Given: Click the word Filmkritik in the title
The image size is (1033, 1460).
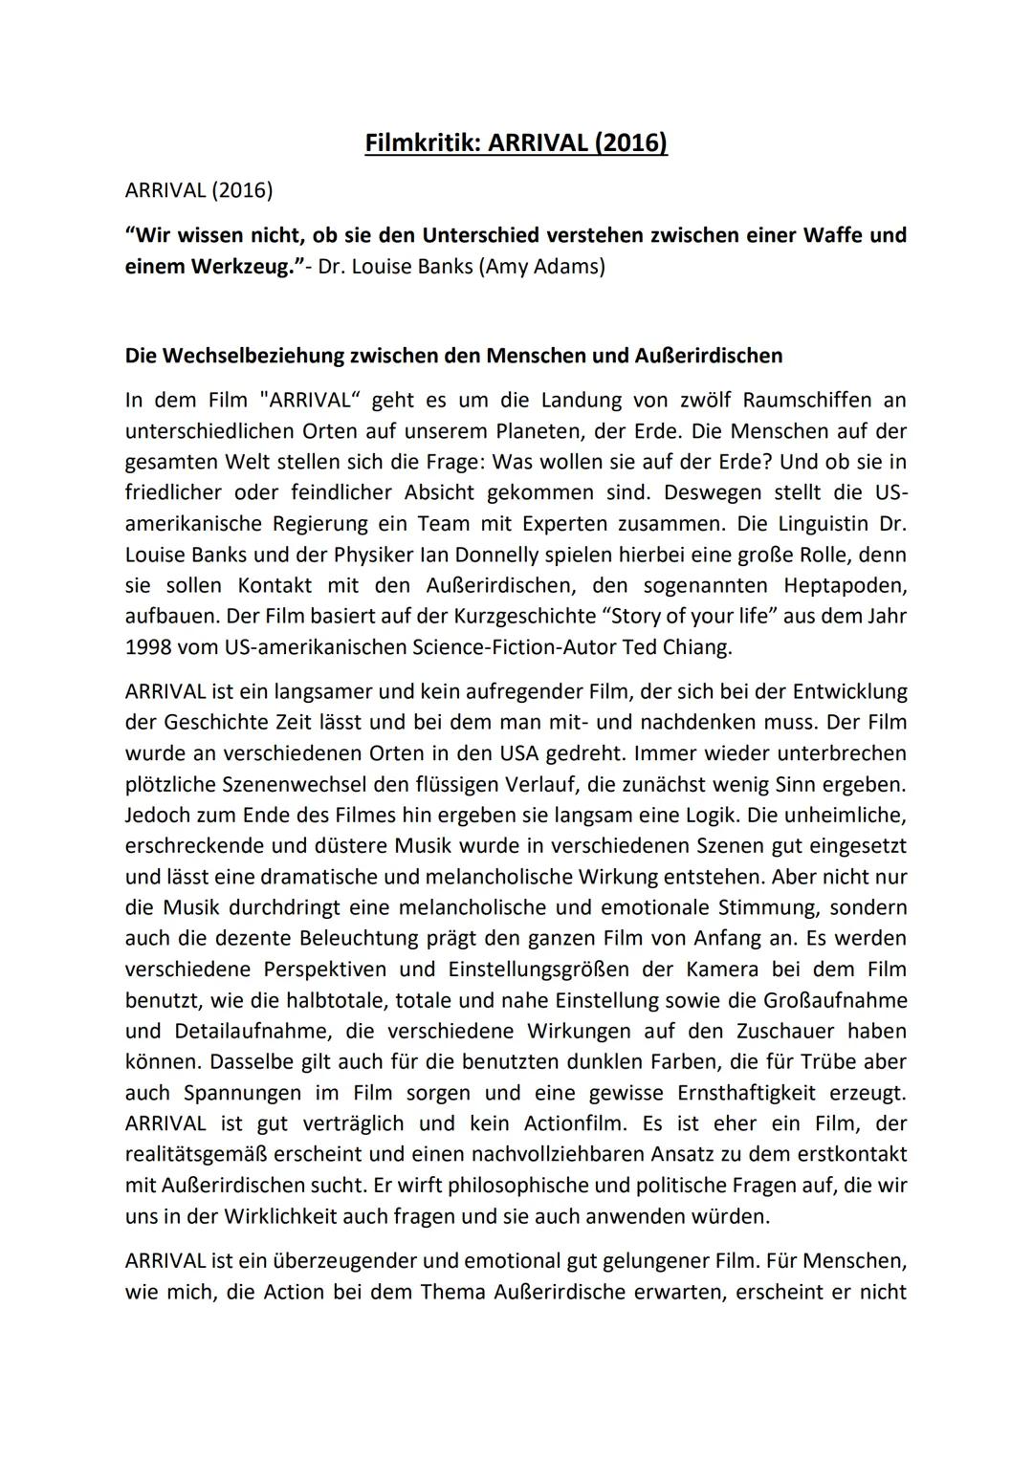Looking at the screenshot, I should [x=423, y=143].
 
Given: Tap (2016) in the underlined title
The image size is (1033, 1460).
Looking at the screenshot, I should [x=630, y=143].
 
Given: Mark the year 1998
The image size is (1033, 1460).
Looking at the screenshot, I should [x=147, y=647].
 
